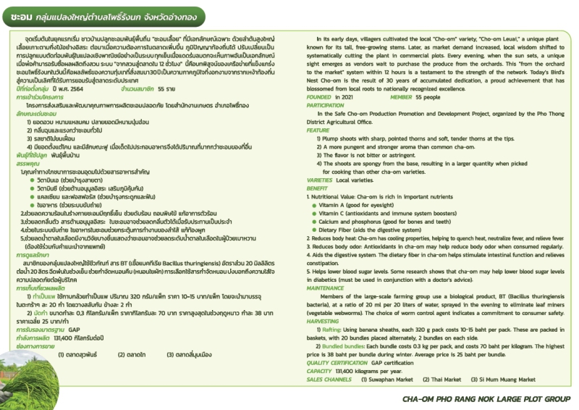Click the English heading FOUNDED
point(318,96)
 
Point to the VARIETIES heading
point(319,178)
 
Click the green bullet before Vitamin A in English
point(313,206)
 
